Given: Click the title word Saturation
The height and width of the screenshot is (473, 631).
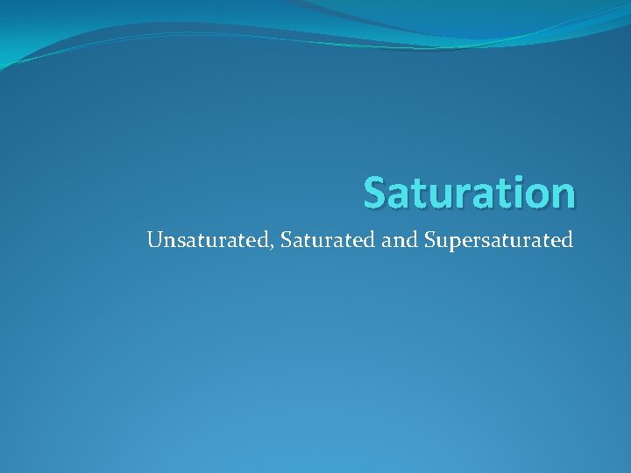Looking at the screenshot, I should click(x=470, y=193).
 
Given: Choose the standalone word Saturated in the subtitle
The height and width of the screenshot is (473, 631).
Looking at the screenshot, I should click(x=329, y=239).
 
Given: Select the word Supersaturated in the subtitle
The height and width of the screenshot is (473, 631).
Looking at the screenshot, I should click(x=498, y=240).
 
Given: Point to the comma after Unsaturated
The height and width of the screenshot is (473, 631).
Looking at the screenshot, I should click(x=271, y=246).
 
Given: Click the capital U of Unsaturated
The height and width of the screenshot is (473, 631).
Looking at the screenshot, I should click(x=156, y=238).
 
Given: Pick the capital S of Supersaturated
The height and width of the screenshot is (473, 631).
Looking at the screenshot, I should click(x=429, y=238).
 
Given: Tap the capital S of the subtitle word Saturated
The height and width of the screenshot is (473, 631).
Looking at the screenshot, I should click(x=286, y=238).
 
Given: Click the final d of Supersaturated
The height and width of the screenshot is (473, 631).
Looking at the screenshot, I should click(x=567, y=239).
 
